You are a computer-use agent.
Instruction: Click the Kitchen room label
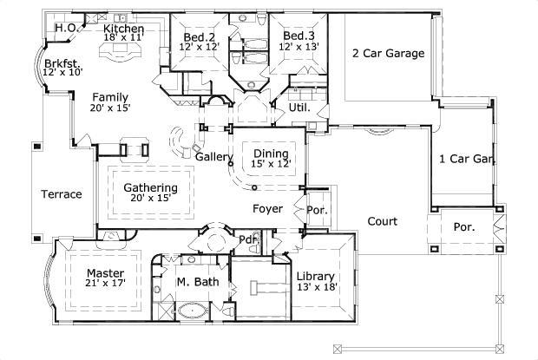coord(124,29)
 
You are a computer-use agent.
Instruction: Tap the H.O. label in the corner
coord(67,29)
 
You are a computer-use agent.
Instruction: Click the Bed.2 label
coord(199,36)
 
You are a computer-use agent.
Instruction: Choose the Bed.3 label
coord(298,36)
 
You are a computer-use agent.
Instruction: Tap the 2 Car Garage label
coord(388,54)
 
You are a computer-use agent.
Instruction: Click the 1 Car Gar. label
coord(467,159)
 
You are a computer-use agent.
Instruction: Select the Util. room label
coord(299,108)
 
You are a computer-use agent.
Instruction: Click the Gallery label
coord(214,157)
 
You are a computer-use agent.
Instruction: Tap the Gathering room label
coord(150,187)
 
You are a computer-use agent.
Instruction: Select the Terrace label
coord(62,194)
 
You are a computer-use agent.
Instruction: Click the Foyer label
coord(268,208)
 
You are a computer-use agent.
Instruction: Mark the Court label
coord(382,221)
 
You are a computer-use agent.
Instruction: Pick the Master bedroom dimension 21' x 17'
coord(106,283)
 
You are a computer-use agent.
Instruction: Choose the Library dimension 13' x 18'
coord(317,287)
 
